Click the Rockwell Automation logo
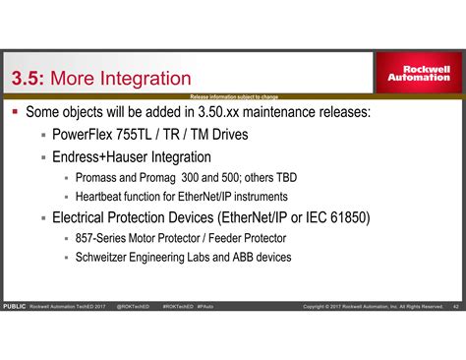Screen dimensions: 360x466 tap(419, 74)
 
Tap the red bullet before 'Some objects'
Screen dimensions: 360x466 tap(15, 112)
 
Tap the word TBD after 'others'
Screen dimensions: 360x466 tap(284, 178)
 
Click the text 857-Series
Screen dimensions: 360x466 tap(105, 239)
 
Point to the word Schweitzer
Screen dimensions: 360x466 tap(108, 258)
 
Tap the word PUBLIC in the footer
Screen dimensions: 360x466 tap(15, 306)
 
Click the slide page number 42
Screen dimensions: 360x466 tap(455, 306)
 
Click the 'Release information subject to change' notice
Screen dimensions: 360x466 tap(234, 96)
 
